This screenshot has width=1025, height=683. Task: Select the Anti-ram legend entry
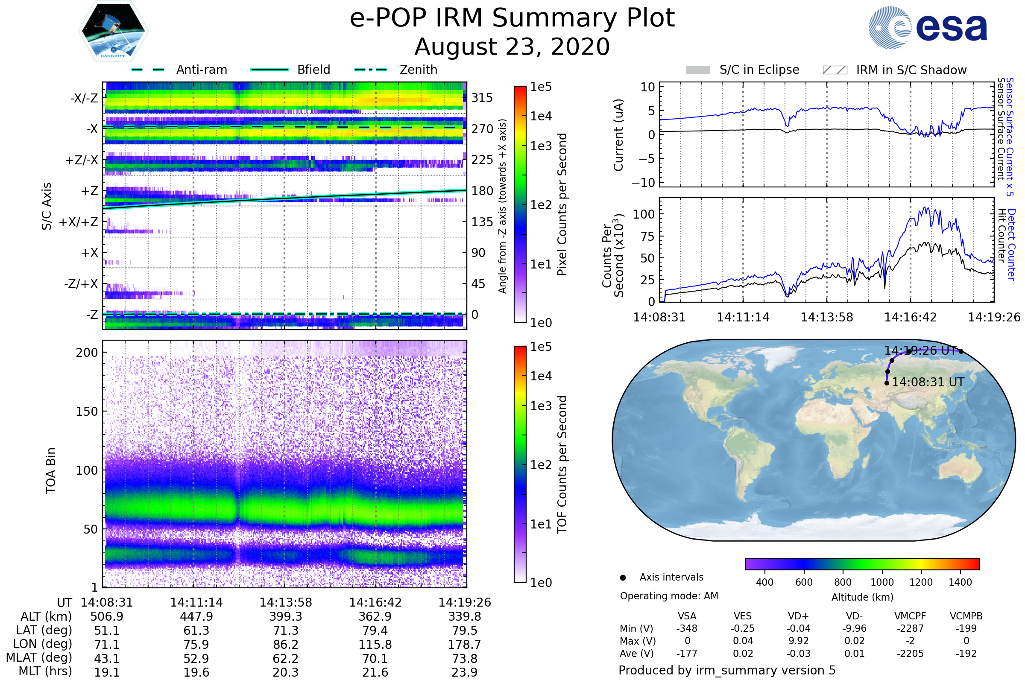(201, 70)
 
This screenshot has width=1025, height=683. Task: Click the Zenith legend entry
(418, 70)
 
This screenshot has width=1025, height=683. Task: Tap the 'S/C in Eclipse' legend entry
(759, 70)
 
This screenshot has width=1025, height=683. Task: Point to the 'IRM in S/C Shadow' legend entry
(911, 70)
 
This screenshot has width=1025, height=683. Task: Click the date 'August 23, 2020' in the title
(512, 47)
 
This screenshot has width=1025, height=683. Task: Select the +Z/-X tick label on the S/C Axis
(82, 161)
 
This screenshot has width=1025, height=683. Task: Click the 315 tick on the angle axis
(482, 98)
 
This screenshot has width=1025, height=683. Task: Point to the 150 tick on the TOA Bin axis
(87, 411)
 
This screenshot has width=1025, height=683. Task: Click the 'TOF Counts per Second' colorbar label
(562, 464)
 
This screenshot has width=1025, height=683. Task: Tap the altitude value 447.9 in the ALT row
(196, 616)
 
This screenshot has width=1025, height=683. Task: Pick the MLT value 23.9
(465, 672)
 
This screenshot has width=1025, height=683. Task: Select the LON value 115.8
(375, 644)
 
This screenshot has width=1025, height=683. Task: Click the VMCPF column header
(910, 616)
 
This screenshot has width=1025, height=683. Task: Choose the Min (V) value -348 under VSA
(687, 628)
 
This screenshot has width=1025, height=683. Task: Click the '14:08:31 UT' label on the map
(928, 382)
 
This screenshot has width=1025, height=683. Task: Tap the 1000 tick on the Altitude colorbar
(881, 582)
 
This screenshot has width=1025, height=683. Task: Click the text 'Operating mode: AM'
(669, 596)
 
